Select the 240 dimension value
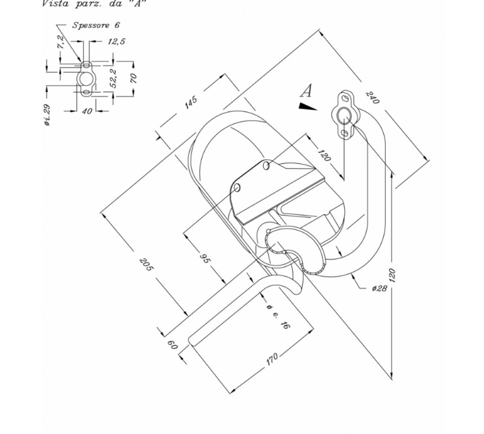(372, 98)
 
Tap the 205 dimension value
(146, 265)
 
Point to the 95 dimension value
(205, 258)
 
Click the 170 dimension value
(271, 360)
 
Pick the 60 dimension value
(172, 345)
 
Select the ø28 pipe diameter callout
(379, 288)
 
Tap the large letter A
(306, 90)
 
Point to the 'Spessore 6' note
(95, 25)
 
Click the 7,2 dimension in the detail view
(60, 43)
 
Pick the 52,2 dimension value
(113, 78)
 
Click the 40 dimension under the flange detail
(87, 111)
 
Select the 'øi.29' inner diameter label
(48, 115)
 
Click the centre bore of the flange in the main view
(344, 115)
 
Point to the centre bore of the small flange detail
(86, 78)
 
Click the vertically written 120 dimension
(392, 275)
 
